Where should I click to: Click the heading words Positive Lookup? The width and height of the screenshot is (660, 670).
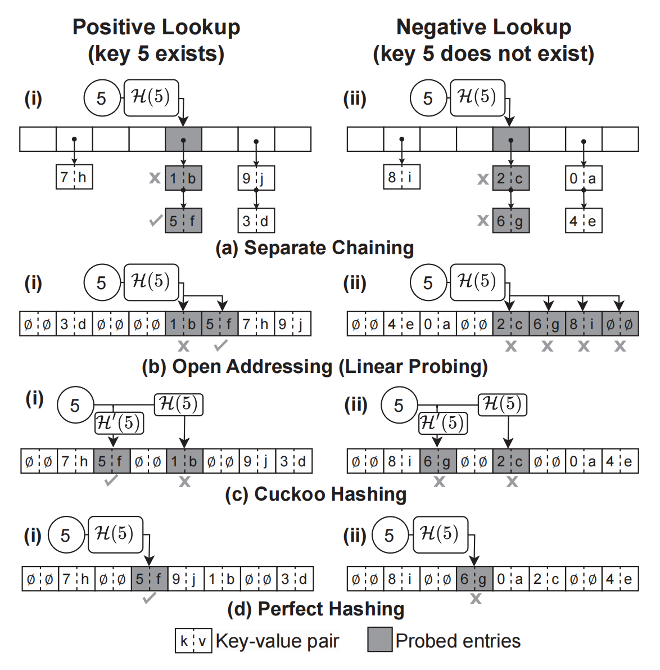[156, 27]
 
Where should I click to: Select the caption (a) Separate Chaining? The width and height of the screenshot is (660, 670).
[315, 248]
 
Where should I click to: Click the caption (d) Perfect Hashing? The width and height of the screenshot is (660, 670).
[316, 609]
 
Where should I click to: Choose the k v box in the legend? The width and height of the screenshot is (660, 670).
[193, 641]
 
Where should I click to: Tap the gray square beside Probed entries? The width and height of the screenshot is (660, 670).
[380, 640]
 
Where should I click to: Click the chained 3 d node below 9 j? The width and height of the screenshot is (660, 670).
[256, 221]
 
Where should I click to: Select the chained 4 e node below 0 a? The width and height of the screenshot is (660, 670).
[584, 221]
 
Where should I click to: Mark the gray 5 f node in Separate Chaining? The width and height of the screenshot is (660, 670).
[183, 221]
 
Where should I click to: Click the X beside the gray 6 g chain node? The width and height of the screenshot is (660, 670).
[483, 221]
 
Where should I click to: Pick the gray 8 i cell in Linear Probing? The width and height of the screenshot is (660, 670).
[582, 324]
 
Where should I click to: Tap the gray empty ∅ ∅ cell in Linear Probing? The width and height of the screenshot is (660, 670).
[620, 324]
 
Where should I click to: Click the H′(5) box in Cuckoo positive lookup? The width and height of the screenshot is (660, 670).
[119, 423]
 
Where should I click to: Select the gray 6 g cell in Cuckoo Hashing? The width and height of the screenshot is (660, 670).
[438, 462]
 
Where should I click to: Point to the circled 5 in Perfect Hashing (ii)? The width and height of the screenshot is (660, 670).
[390, 536]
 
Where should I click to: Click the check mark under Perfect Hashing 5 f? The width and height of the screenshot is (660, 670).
[150, 598]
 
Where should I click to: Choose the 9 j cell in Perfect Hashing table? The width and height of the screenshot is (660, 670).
[186, 579]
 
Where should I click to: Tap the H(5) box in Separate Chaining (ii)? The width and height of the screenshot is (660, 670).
[477, 98]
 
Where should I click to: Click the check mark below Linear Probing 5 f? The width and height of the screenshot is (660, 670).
[220, 345]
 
